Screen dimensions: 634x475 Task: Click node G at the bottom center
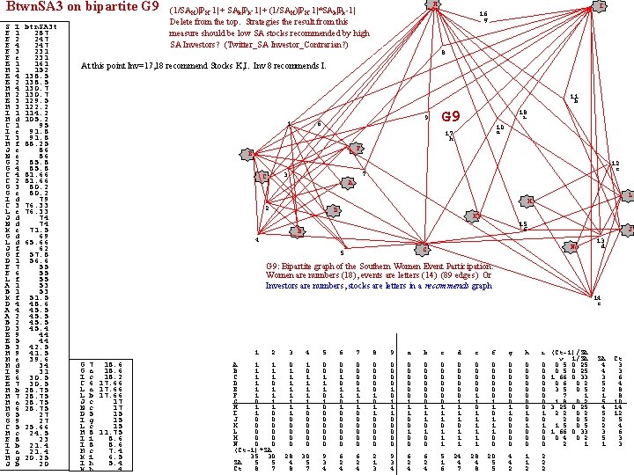coord(424,245)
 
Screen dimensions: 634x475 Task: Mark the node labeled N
coord(573,247)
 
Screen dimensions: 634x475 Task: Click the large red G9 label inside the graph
coord(451,117)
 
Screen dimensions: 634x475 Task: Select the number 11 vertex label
coord(573,96)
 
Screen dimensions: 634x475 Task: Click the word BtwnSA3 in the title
coord(33,7)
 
